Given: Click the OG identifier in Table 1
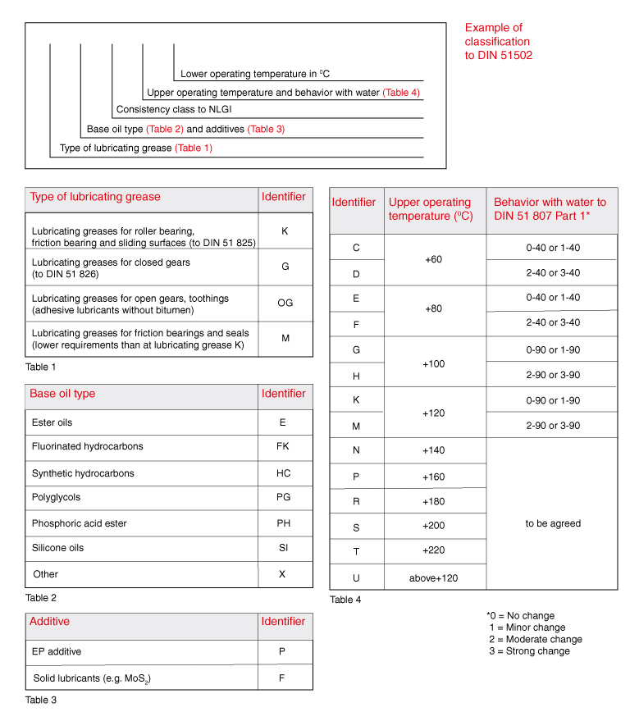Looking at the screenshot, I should pos(285,303).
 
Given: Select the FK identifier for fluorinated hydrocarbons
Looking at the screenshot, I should pos(283,446).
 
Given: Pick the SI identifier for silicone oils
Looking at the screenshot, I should pos(283,547).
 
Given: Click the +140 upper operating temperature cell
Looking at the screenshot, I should pos(434,450).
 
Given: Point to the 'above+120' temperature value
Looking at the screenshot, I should pos(434,578).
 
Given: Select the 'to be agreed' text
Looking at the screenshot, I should pos(553,523).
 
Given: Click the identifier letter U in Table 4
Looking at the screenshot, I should pos(356,578).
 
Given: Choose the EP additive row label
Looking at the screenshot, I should pos(57,652).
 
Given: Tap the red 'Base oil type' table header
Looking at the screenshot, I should pos(62,394).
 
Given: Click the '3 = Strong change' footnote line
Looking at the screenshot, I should pos(529,651).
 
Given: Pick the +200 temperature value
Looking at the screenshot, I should pos(434,525).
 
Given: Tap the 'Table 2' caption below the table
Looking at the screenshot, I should pos(40,598).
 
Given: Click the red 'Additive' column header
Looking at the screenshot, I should pos(49,621).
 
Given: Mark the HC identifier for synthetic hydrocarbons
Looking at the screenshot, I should pos(283,473).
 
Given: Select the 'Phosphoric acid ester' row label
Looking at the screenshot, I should pos(79,523).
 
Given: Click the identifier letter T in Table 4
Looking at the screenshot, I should pos(356,550).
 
